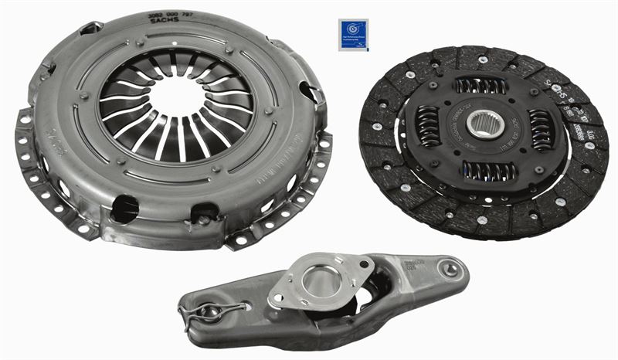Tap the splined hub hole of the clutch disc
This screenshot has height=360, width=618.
tap(484, 124)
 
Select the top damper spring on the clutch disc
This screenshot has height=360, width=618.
tap(480, 85)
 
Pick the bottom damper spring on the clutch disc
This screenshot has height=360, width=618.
tap(488, 171)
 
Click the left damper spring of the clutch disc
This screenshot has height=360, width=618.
tap(427, 127)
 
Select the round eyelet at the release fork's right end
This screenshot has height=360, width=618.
tap(450, 270)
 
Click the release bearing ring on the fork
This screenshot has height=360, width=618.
tap(322, 281)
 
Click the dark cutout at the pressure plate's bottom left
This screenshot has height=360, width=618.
tap(125, 209)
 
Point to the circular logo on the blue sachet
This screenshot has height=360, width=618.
tap(353, 32)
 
